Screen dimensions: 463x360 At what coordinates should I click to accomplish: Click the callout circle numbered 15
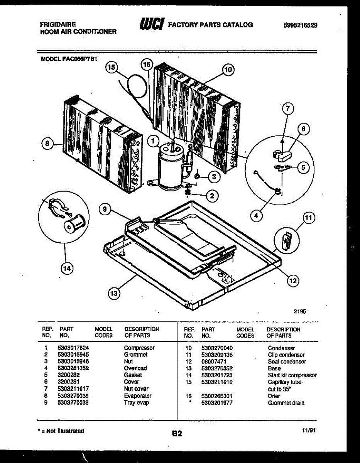point(112,68)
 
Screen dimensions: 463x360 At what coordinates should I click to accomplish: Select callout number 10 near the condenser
point(228,69)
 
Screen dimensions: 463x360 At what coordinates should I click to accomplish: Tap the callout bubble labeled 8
point(47,144)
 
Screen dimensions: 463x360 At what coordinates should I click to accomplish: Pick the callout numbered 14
point(67,269)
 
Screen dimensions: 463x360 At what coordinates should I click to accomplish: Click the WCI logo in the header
point(153,25)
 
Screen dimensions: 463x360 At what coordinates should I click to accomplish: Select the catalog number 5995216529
point(300,25)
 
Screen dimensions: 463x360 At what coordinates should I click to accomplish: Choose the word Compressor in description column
point(139,348)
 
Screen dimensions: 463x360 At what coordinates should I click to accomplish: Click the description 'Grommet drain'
point(286,403)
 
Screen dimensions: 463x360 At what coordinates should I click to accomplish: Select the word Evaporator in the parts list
point(138,395)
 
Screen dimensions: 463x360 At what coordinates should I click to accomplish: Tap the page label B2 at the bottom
point(177,434)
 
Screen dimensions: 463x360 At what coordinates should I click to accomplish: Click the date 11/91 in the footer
point(308,431)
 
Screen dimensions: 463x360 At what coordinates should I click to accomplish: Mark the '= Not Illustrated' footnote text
point(62,431)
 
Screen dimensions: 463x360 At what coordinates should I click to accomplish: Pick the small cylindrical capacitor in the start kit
point(72,225)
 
